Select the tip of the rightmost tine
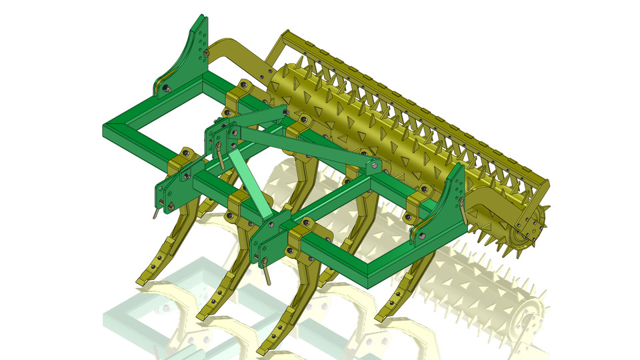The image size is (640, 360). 383,318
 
